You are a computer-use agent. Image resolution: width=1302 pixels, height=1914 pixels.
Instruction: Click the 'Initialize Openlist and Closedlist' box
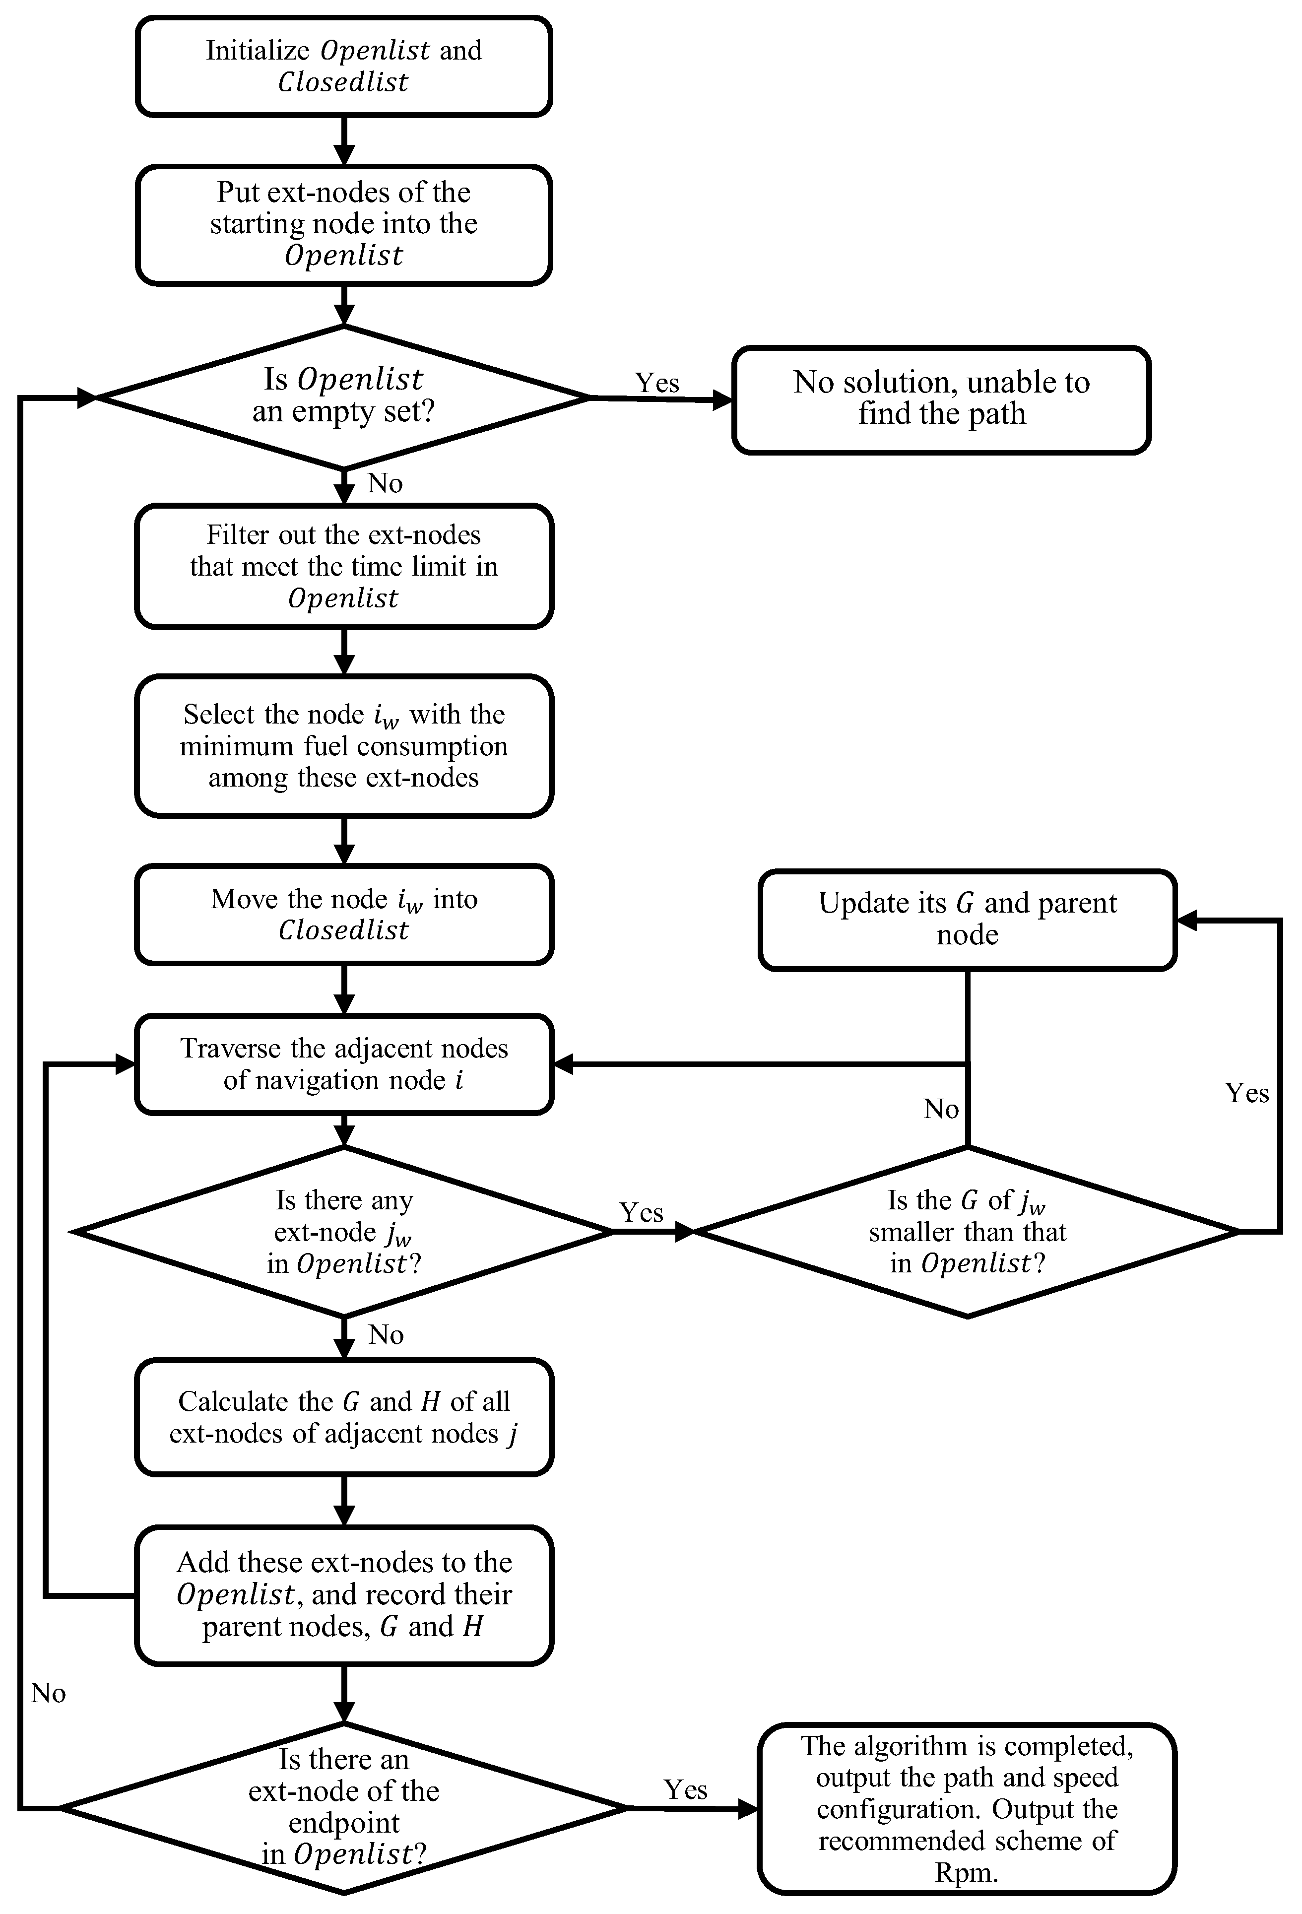click(x=343, y=66)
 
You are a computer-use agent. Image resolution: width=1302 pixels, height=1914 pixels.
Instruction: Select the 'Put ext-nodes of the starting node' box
click(x=343, y=224)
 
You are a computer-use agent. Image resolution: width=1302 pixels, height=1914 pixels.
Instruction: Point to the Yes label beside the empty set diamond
click(x=656, y=383)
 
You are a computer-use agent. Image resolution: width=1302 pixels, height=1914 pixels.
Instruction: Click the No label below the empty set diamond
click(x=385, y=483)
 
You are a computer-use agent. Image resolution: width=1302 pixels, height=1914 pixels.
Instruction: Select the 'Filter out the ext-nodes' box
click(x=343, y=567)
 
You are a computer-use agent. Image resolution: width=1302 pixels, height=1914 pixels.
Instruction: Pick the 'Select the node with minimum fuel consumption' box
click(x=343, y=745)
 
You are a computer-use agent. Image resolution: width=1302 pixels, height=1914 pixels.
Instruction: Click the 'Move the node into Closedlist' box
click(x=343, y=914)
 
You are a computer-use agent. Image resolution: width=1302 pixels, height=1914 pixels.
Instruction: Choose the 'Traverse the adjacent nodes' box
click(x=343, y=1064)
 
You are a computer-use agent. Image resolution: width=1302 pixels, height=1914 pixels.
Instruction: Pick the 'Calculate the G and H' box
click(x=343, y=1417)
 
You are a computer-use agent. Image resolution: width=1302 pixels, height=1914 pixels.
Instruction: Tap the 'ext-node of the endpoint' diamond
click(x=343, y=1808)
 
